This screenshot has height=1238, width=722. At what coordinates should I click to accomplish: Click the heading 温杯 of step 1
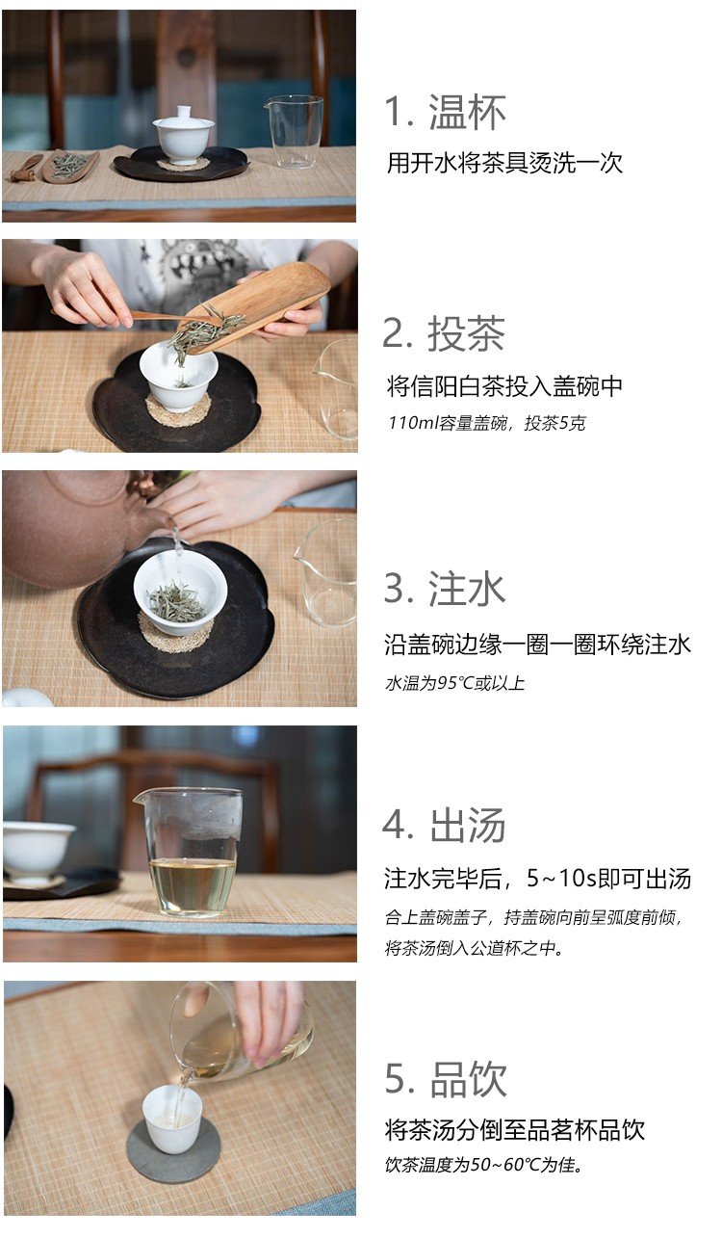point(467,112)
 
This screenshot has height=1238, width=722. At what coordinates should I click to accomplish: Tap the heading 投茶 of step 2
point(466,333)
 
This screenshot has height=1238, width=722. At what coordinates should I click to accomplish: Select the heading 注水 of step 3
point(467,589)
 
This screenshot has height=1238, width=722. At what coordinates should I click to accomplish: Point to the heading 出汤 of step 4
point(468,825)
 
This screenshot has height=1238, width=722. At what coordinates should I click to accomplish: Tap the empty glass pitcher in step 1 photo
point(294,132)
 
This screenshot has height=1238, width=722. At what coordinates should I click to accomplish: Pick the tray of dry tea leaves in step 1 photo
point(70,165)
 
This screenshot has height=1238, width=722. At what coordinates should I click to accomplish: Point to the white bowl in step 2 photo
point(178,376)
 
